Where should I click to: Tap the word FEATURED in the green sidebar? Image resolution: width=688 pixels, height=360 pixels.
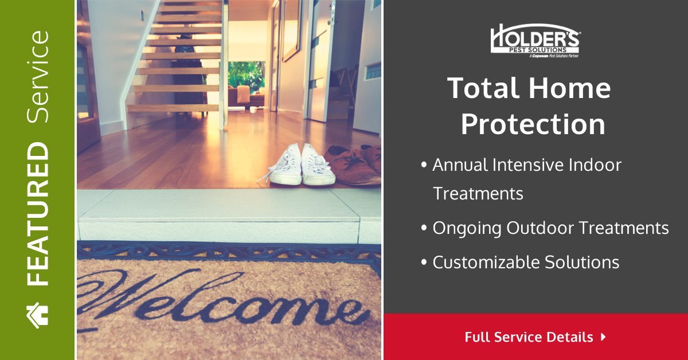pyautogui.click(x=38, y=214)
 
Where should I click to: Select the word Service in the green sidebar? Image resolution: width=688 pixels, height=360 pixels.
pyautogui.click(x=38, y=76)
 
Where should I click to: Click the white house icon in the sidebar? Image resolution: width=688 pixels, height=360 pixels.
pyautogui.click(x=38, y=314)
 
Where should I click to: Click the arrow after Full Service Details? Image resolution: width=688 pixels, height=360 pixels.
pyautogui.click(x=603, y=336)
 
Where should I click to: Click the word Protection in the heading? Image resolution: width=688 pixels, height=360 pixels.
pyautogui.click(x=533, y=124)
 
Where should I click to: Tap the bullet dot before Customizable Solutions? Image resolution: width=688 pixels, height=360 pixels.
pyautogui.click(x=424, y=263)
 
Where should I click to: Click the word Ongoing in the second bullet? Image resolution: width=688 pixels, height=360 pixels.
pyautogui.click(x=467, y=228)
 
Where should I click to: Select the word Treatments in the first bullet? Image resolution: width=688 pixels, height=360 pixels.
pyautogui.click(x=478, y=193)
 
